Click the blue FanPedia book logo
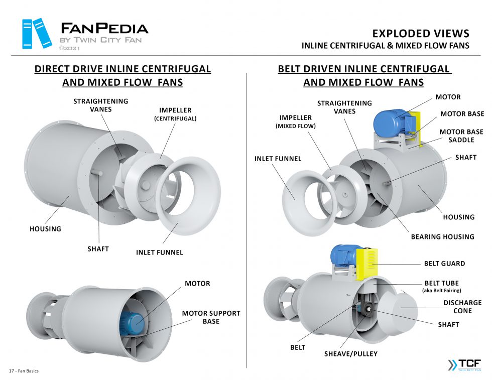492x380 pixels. [37, 33]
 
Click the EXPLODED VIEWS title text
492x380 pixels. [421, 34]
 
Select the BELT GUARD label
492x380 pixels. [444, 263]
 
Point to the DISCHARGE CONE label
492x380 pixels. [462, 307]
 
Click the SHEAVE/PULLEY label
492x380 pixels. [350, 353]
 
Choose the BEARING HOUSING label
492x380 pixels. [442, 236]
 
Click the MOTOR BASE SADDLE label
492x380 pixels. [457, 136]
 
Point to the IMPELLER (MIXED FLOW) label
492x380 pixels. [296, 121]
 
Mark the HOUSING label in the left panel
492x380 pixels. [45, 229]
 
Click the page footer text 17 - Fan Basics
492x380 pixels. [24, 371]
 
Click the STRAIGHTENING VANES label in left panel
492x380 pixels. [100, 105]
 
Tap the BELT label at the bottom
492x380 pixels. [298, 347]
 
